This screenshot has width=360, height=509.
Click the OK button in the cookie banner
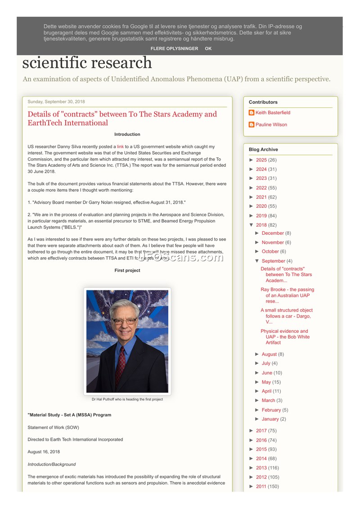point(208,49)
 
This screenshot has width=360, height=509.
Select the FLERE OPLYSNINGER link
point(174,49)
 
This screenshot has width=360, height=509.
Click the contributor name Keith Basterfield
point(273,113)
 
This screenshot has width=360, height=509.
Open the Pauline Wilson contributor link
point(271,125)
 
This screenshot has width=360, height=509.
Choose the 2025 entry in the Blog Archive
point(261,160)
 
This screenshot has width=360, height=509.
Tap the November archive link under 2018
point(273,242)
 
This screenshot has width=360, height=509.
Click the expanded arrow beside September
point(257,261)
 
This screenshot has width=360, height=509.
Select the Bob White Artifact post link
point(285,337)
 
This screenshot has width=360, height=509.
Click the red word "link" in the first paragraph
point(120,147)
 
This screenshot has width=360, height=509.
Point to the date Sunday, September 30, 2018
point(56,102)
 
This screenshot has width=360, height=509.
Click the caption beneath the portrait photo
point(127,399)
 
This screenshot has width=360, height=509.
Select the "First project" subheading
point(127,271)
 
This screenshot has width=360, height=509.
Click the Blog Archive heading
point(263,150)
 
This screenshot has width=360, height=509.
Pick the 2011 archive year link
point(261,487)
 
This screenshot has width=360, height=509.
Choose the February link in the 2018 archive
point(271,410)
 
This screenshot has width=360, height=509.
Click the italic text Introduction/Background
point(52,464)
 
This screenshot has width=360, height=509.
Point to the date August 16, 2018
point(44,452)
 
